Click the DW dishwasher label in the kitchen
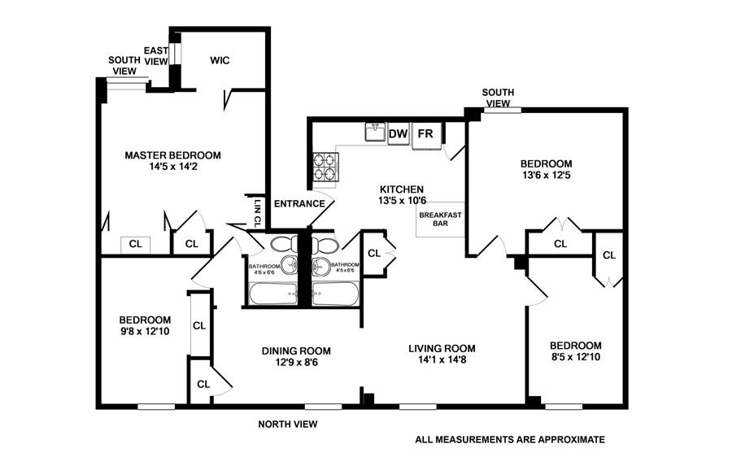click(x=398, y=133)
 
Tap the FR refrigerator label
click(x=425, y=133)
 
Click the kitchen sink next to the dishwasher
click(x=374, y=132)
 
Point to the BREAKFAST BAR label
click(x=440, y=218)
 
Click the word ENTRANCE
click(x=299, y=203)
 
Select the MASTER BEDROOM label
click(x=172, y=155)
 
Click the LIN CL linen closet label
click(x=258, y=212)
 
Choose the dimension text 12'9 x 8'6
click(x=296, y=362)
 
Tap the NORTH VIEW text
click(x=288, y=424)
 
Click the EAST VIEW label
click(x=155, y=56)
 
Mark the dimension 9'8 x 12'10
click(x=144, y=331)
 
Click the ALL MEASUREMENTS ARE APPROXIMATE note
click(x=510, y=439)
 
